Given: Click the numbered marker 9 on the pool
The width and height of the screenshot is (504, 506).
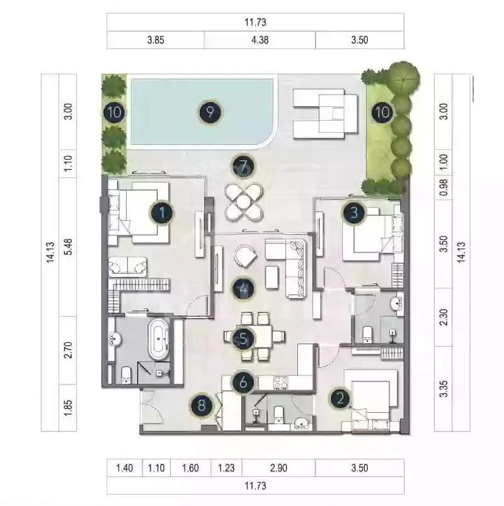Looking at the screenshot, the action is click(210, 112).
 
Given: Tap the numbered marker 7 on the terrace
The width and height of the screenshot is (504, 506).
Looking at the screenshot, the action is click(243, 166).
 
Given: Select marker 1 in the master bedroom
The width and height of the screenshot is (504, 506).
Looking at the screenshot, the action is click(162, 213).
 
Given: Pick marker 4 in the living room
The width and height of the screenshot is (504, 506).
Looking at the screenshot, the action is click(243, 289).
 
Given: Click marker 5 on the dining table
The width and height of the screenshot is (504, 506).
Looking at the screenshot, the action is click(243, 339).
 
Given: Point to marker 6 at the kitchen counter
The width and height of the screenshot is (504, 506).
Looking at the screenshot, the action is click(243, 383).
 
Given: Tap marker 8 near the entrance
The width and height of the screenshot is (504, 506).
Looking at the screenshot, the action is click(202, 405).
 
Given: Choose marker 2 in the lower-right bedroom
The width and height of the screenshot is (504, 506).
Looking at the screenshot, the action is click(340, 399).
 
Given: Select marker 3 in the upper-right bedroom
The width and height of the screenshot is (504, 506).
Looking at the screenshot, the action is click(354, 213).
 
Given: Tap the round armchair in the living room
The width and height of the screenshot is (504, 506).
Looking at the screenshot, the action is click(245, 256).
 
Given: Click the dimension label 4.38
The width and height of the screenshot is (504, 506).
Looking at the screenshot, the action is click(260, 40).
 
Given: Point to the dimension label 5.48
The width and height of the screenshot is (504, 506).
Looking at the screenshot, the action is click(68, 247).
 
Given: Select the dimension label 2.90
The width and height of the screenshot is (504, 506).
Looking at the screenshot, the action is click(278, 468).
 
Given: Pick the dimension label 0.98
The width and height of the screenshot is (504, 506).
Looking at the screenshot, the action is click(444, 187).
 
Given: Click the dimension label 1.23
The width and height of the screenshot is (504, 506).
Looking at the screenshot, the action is click(226, 468).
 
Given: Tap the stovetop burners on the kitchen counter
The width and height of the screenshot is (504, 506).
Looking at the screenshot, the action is click(280, 383).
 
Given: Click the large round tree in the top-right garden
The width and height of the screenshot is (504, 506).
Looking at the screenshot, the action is click(404, 78).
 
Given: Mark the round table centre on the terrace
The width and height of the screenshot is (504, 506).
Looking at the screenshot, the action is click(244, 202).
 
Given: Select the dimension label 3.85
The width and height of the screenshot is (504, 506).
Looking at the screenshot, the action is click(156, 40).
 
